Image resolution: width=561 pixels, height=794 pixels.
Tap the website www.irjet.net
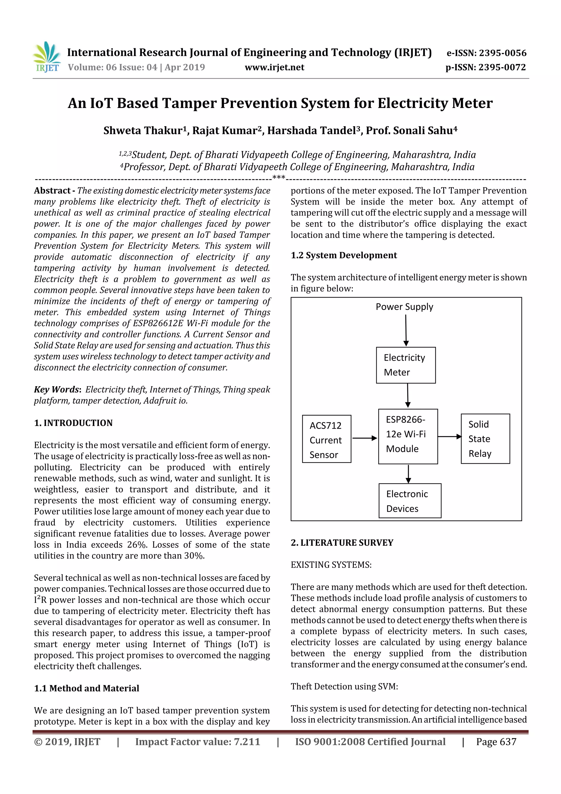274,67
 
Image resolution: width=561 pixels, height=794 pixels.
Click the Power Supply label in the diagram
404,307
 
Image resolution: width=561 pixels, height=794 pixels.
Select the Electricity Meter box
405,365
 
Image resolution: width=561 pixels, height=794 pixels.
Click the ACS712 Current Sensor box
326,439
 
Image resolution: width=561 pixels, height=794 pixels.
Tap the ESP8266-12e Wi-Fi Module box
408,436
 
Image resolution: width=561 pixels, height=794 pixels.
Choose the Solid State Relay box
485,439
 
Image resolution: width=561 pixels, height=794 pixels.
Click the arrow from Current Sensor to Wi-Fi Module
364,438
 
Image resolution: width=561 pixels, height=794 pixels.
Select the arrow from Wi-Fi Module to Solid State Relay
449,436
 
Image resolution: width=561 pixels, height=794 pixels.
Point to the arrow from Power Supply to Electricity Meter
406,330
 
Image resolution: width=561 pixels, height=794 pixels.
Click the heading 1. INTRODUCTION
73,423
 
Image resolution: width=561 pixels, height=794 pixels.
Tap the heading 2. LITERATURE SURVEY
342,543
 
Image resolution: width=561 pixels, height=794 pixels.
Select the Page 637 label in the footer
496,742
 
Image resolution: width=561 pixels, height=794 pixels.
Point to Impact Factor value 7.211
198,742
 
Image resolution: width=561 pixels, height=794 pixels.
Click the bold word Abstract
52,190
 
